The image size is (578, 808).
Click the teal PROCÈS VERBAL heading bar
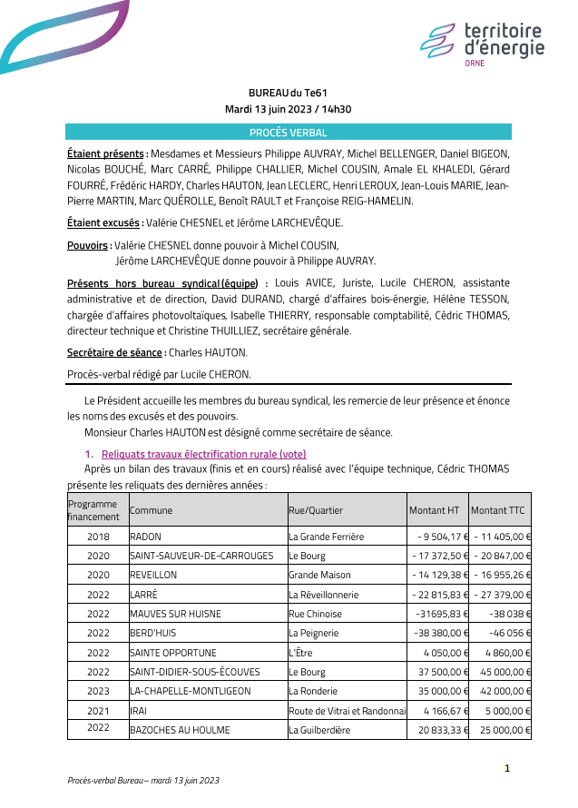(x=288, y=133)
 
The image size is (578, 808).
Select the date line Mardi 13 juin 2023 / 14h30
(x=288, y=109)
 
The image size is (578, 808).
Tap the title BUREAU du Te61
(x=288, y=93)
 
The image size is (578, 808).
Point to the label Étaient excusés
(x=104, y=222)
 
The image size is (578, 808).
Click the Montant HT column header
(x=434, y=510)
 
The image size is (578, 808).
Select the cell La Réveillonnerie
(x=323, y=595)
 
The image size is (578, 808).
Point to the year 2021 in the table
(x=98, y=711)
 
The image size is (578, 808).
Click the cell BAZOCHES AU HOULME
(x=180, y=730)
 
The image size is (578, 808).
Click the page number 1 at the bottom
(x=507, y=769)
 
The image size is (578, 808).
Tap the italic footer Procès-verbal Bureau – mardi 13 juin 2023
(x=143, y=781)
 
